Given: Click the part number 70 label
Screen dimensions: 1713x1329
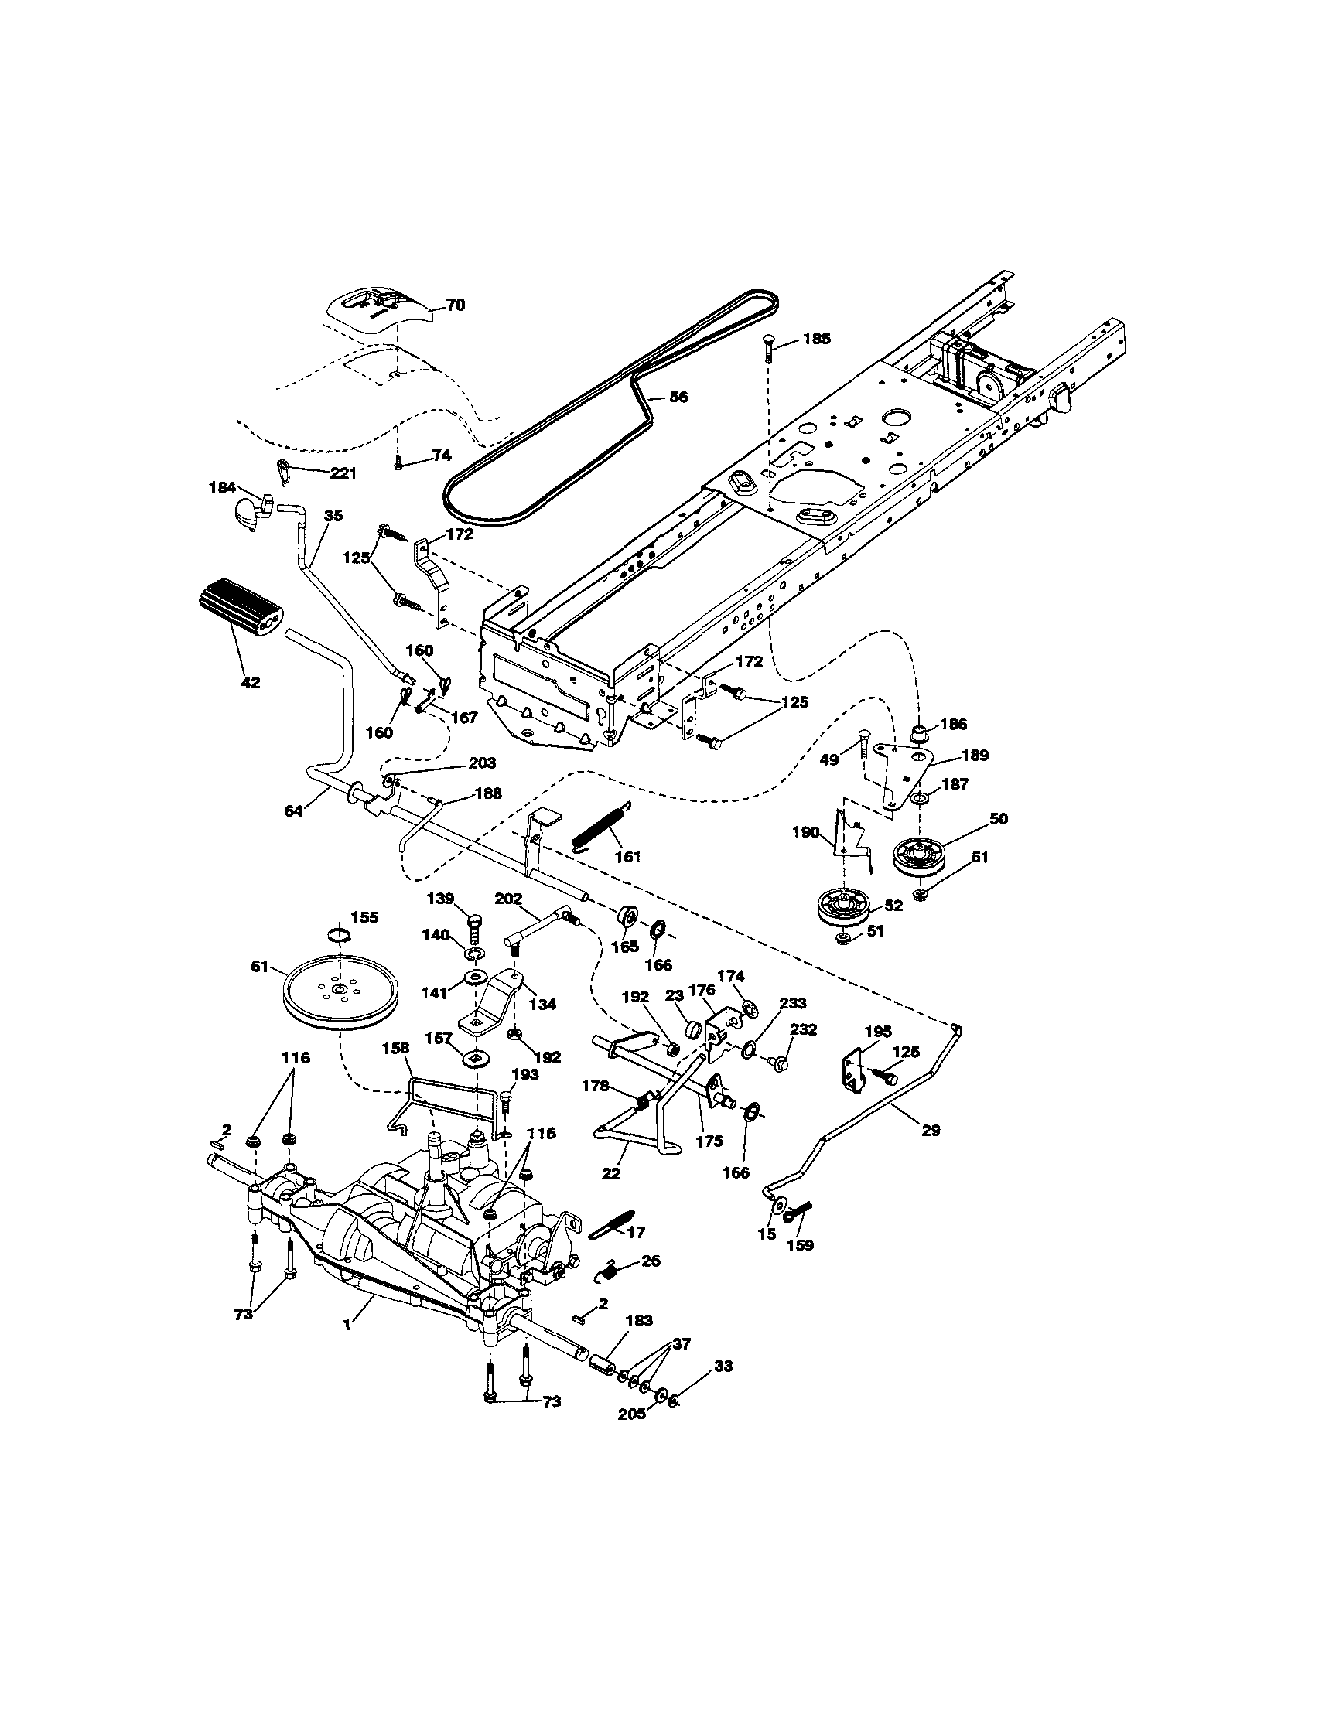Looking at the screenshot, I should [455, 305].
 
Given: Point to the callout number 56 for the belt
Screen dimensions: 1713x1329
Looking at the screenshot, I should [678, 398].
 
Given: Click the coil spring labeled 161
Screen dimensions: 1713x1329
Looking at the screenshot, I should [602, 824].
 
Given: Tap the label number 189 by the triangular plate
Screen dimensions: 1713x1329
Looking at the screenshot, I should [976, 756].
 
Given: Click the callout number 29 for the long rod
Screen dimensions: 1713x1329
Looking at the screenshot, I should [931, 1130].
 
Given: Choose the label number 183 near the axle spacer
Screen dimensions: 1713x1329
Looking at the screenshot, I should [640, 1320].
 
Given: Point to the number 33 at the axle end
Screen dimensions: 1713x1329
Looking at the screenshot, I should [723, 1367].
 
